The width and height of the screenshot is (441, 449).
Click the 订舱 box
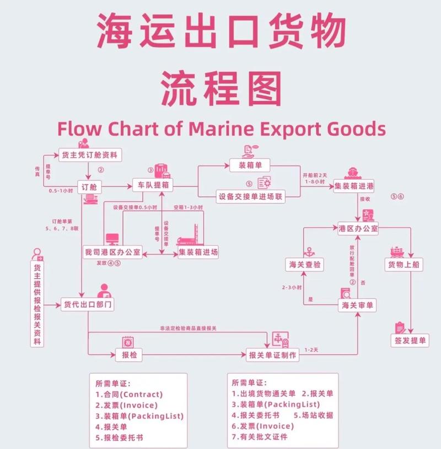(x=89, y=187)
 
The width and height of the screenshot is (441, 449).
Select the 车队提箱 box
(x=152, y=187)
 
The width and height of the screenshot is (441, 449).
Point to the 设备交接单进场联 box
(x=251, y=196)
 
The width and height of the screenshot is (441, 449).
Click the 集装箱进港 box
(x=354, y=187)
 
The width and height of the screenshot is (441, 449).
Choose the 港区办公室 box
(x=358, y=228)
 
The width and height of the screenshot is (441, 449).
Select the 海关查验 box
(x=304, y=265)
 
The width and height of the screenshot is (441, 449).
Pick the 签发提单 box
(x=411, y=341)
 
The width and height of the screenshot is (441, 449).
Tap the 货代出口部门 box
(x=88, y=304)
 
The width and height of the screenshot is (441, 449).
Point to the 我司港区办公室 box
(x=112, y=253)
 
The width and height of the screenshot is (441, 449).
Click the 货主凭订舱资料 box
(x=91, y=154)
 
